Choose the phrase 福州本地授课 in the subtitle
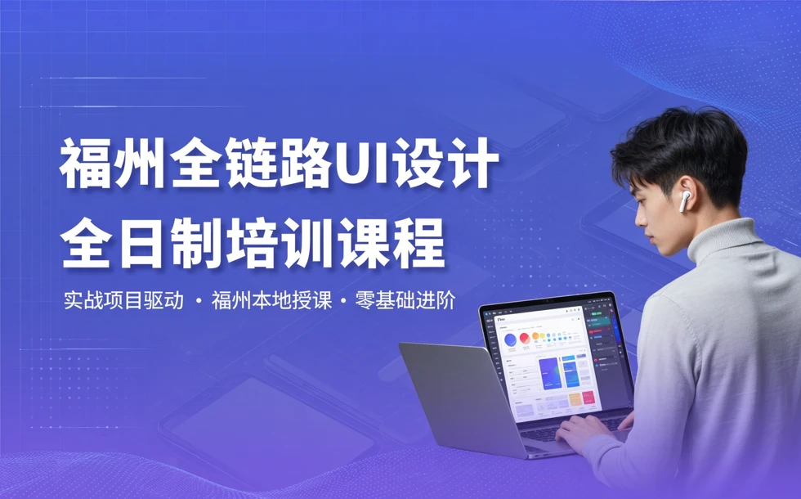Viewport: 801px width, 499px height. point(271,300)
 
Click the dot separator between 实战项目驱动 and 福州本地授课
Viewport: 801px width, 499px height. point(199,302)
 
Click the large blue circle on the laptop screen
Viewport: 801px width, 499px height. point(511,339)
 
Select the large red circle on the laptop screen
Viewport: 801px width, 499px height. point(525,338)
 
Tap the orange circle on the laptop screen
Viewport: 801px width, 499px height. point(536,335)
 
